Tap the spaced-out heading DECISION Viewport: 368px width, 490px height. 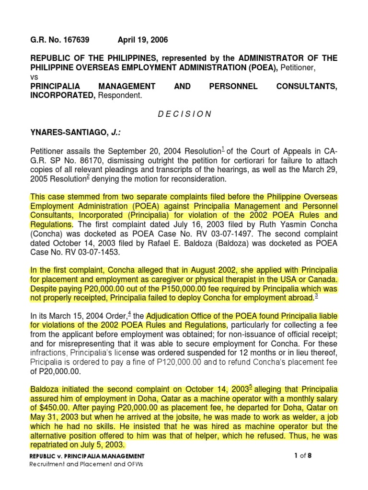click(184, 114)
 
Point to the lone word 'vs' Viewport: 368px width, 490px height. click(34, 77)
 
